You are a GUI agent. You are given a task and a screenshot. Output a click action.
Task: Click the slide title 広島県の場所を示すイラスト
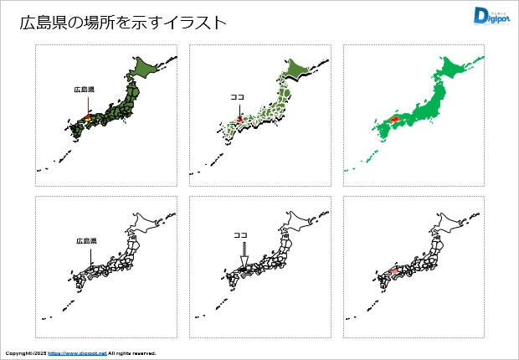point(123,23)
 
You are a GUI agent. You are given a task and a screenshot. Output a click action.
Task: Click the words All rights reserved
point(131,353)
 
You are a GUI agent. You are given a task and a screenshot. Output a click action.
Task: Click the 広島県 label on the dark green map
point(84,89)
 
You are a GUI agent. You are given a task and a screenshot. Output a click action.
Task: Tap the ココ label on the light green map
point(237,97)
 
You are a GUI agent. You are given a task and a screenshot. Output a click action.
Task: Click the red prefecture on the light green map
point(240,120)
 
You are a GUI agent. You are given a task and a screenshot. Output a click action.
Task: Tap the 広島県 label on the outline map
point(85,240)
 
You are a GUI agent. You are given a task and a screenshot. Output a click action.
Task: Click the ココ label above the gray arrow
point(241,235)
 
